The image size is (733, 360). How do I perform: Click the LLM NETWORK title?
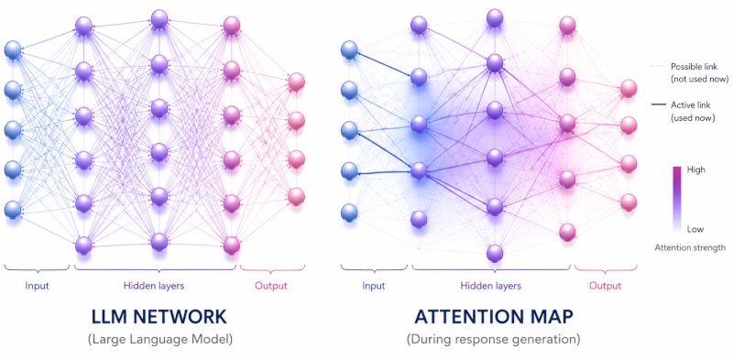[159, 317]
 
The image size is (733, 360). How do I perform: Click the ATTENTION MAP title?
[493, 317]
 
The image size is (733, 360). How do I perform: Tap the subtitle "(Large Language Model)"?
[159, 339]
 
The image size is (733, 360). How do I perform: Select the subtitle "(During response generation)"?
[493, 339]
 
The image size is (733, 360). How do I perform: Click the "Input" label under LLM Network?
[37, 286]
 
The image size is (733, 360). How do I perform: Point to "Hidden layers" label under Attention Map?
[491, 286]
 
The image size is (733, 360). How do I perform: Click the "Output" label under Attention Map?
[605, 286]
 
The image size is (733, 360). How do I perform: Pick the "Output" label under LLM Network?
[270, 286]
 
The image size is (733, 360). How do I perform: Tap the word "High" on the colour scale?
[696, 170]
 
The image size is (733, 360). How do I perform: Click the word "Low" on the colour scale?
[695, 229]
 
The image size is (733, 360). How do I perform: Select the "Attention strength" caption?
[690, 247]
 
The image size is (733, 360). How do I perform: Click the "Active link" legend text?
[693, 112]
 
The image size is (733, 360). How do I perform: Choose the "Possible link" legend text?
[699, 73]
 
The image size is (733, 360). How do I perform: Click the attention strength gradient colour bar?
[676, 199]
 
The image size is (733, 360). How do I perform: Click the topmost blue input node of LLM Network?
[13, 50]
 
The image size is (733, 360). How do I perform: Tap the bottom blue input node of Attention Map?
[349, 213]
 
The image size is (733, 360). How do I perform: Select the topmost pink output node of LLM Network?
[296, 82]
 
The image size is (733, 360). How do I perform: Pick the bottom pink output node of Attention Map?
[629, 202]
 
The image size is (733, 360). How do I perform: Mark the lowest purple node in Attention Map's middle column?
[495, 254]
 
